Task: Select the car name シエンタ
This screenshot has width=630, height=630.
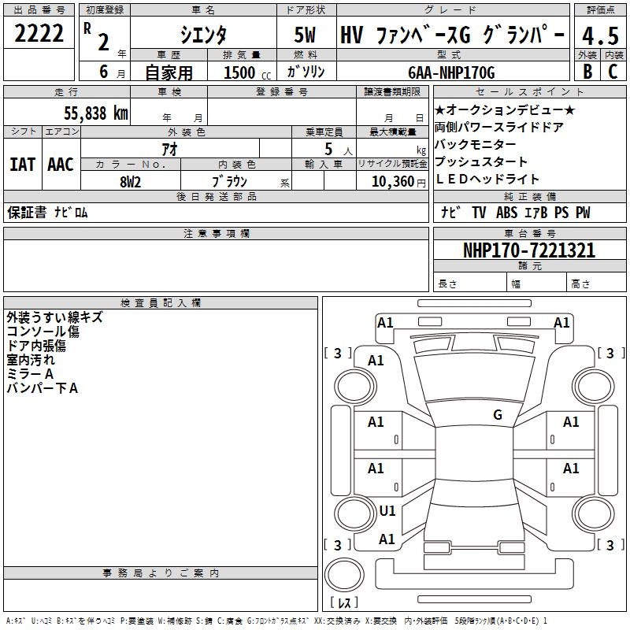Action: click(x=202, y=34)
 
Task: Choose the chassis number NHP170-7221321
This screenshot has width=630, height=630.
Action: click(x=529, y=250)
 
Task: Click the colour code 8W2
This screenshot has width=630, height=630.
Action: click(x=130, y=181)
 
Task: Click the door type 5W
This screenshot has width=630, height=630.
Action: click(x=306, y=35)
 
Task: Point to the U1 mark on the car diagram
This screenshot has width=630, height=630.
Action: click(x=387, y=510)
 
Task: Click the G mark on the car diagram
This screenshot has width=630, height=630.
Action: click(x=498, y=415)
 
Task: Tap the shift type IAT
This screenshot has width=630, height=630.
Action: click(x=22, y=164)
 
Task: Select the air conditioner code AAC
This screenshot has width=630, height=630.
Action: click(x=60, y=164)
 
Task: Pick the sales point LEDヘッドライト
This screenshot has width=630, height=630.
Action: click(x=487, y=179)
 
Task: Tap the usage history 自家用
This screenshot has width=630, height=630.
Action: click(x=169, y=72)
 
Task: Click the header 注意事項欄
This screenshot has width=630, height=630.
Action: click(x=217, y=234)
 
